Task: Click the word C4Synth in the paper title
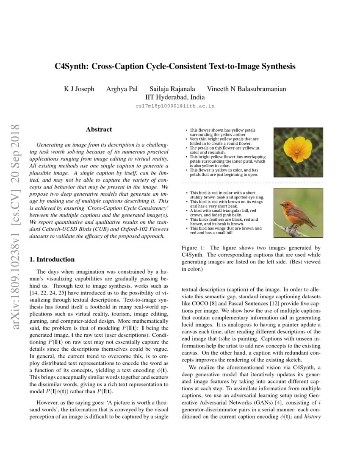pyautogui.click(x=71, y=67)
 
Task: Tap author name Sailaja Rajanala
pyautogui.click(x=172, y=89)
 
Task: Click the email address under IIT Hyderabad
pyautogui.click(x=175, y=106)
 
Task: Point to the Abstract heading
pyautogui.click(x=99, y=130)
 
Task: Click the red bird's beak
pyautogui.click(x=281, y=205)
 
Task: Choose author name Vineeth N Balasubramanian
pyautogui.click(x=246, y=89)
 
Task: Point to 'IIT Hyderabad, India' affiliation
pyautogui.click(x=175, y=97)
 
